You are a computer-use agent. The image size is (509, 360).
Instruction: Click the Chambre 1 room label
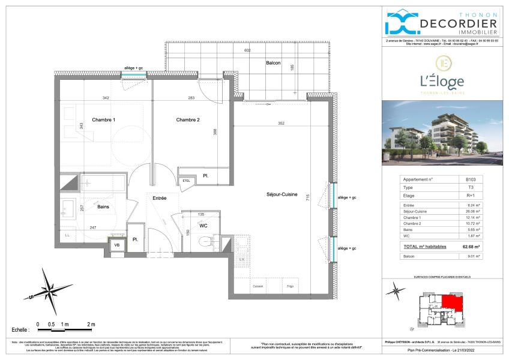103,120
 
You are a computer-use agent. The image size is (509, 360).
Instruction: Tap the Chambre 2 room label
187,120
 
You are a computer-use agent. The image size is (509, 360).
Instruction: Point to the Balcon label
274,63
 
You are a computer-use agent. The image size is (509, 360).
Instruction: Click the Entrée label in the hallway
158,198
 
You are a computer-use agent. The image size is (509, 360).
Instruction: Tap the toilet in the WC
208,243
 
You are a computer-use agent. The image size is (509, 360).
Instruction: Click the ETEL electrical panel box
186,181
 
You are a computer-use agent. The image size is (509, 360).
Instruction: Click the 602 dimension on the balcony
247,51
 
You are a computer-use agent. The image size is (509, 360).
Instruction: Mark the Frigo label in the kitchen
289,286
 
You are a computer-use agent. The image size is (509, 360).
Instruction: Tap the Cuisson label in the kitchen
258,286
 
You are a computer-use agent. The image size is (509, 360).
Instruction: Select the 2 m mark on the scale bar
91,324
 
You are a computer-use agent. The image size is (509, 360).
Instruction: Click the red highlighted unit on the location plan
452,304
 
